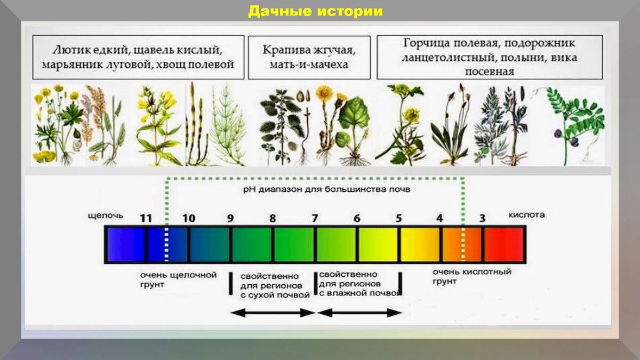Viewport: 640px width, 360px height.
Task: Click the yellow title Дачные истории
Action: [315, 11]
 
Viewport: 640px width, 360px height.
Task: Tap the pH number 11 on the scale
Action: [146, 219]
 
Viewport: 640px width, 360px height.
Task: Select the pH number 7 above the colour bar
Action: [315, 219]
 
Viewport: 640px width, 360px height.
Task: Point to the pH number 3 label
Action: [482, 219]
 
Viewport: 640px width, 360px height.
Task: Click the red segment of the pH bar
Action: [504, 245]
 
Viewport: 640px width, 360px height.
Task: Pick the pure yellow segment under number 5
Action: [420, 245]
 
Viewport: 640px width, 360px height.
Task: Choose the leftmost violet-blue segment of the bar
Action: [126, 245]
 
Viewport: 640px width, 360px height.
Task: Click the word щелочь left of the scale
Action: [106, 215]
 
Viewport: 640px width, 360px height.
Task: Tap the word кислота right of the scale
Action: [526, 215]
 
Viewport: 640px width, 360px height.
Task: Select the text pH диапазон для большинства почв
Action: [326, 189]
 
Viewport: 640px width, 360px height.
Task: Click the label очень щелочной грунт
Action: [178, 280]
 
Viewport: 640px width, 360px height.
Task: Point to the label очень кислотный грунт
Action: [471, 277]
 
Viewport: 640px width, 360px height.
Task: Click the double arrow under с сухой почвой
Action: [273, 313]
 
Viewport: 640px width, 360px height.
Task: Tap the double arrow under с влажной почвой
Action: [359, 313]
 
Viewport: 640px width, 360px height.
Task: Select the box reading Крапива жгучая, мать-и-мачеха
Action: [309, 58]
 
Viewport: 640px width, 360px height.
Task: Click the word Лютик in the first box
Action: [68, 50]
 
